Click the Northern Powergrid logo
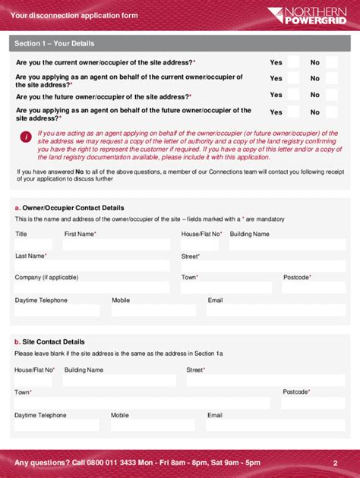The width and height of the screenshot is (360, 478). [x=308, y=15]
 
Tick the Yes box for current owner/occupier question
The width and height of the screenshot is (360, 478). [x=293, y=62]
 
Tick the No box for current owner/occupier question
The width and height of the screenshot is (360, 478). [x=331, y=62]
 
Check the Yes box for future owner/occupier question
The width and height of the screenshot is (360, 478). [x=293, y=95]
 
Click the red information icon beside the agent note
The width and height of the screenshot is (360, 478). [x=26, y=137]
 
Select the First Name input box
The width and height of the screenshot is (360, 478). [x=117, y=245]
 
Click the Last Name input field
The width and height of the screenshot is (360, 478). [x=92, y=266]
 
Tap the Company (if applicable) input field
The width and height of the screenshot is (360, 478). [x=92, y=288]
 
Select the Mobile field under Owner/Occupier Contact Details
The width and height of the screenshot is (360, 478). [x=155, y=310]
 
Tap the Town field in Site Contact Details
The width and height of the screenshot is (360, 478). [x=141, y=402]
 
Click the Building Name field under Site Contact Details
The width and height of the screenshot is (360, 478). [x=121, y=380]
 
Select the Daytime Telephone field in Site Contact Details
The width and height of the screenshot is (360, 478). [x=58, y=425]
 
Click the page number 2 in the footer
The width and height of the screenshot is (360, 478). [x=334, y=462]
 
